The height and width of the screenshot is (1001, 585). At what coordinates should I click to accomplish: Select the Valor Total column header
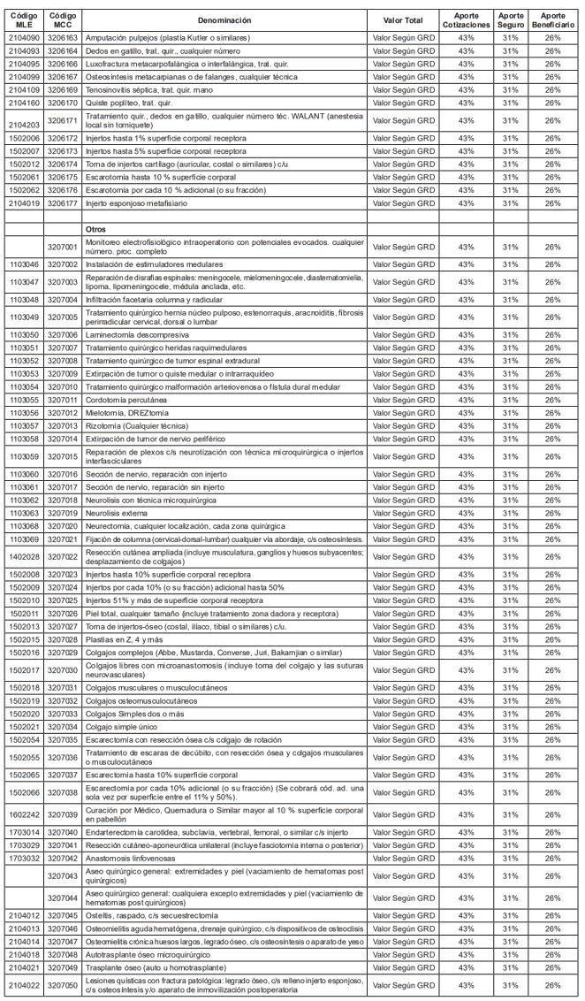[403, 19]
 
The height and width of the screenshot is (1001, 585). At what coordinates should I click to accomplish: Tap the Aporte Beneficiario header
[553, 19]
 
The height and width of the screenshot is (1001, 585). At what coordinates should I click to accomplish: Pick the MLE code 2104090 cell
[22, 40]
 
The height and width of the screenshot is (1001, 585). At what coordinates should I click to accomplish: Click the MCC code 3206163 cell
[63, 40]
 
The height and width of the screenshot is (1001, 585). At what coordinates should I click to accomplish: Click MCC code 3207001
[63, 245]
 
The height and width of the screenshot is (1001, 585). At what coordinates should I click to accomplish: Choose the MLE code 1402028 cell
[22, 556]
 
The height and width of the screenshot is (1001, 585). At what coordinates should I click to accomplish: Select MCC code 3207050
[63, 985]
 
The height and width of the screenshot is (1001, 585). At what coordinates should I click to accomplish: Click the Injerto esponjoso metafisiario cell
[136, 202]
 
